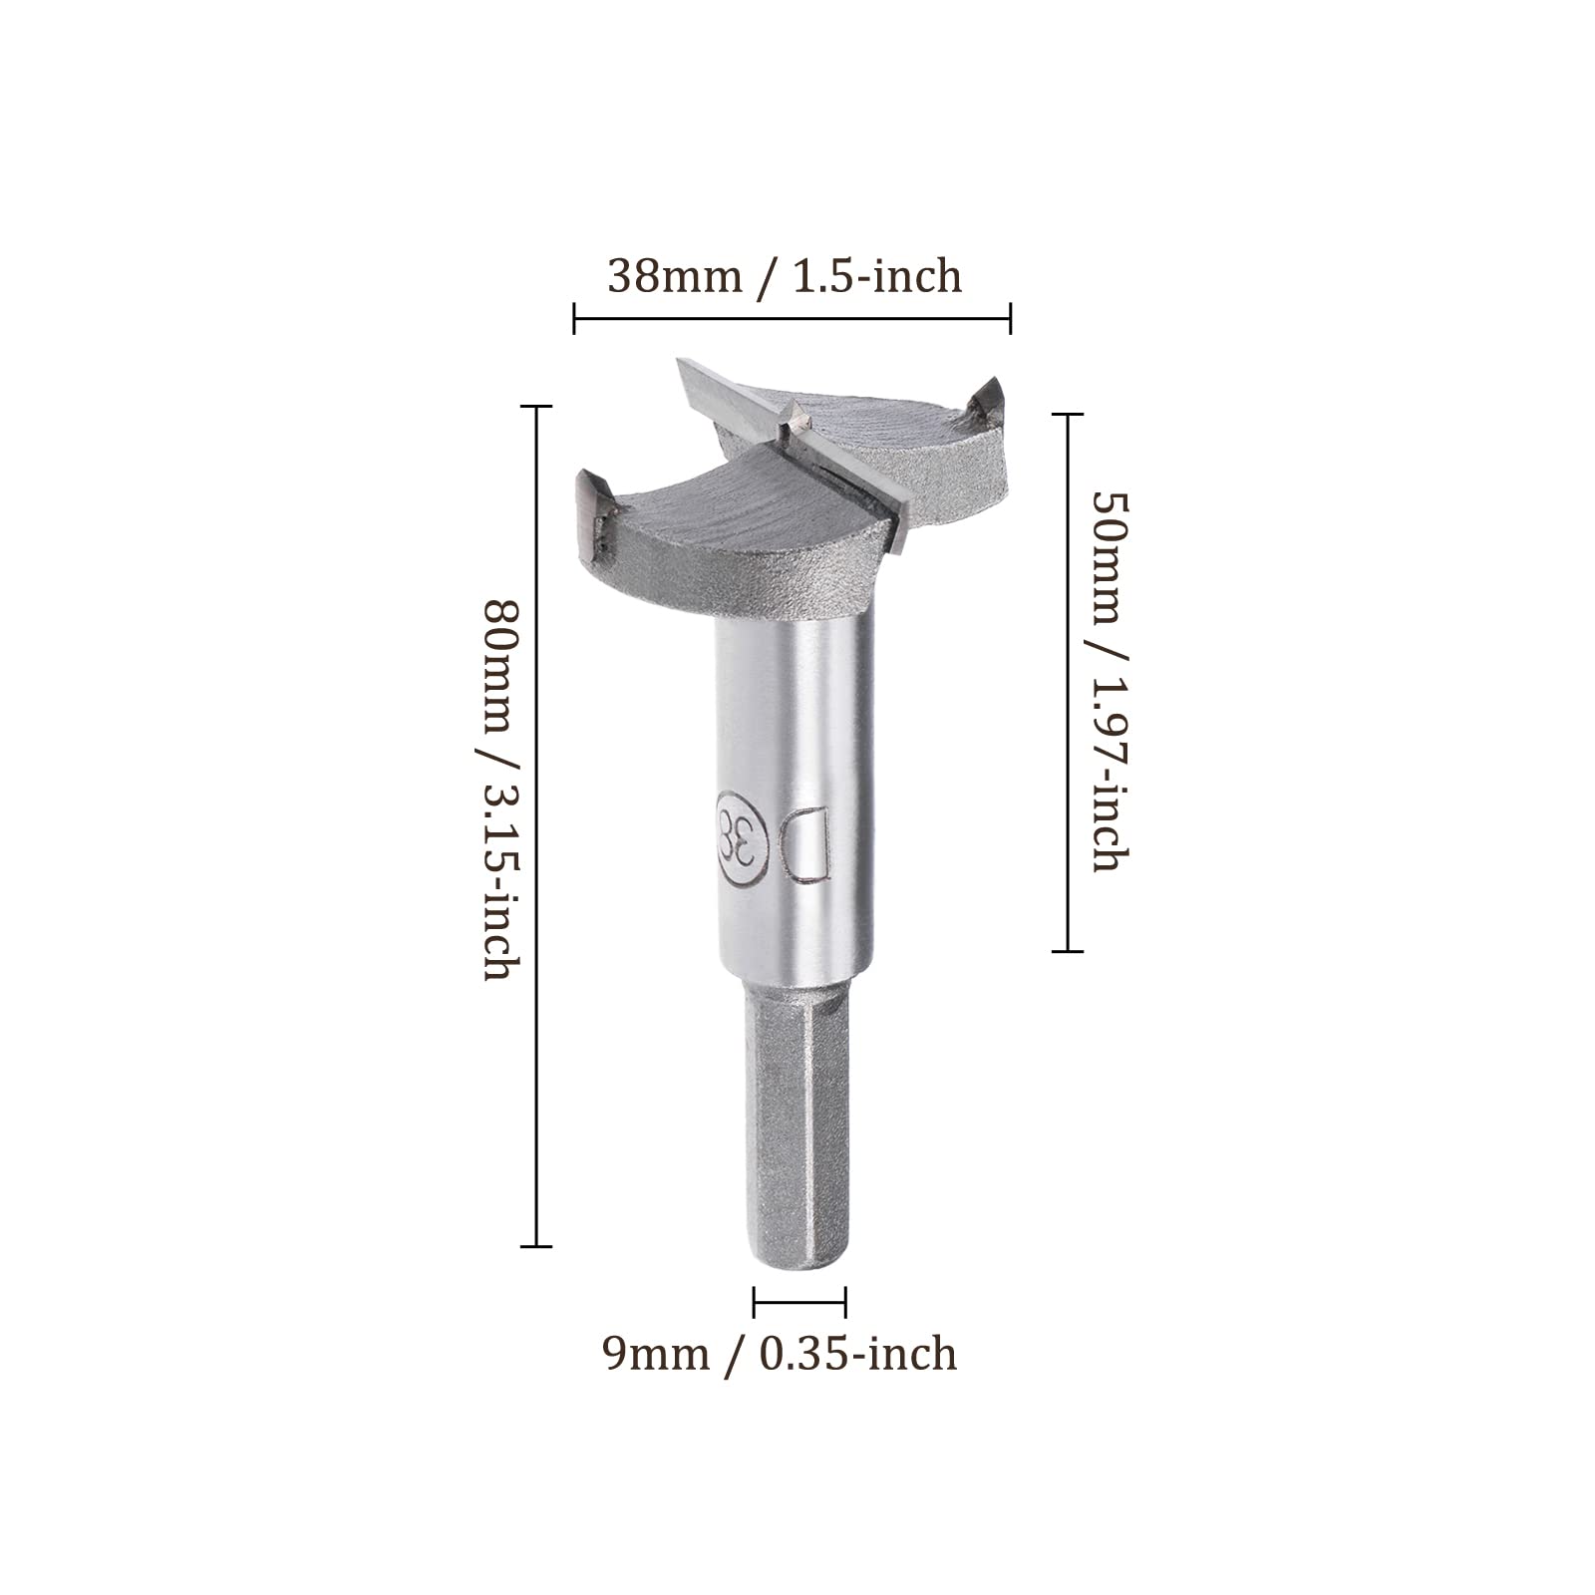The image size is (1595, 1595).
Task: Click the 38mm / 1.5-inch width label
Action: click(785, 276)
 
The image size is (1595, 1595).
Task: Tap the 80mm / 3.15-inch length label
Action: click(499, 789)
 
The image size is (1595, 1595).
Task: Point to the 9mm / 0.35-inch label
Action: click(780, 1353)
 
